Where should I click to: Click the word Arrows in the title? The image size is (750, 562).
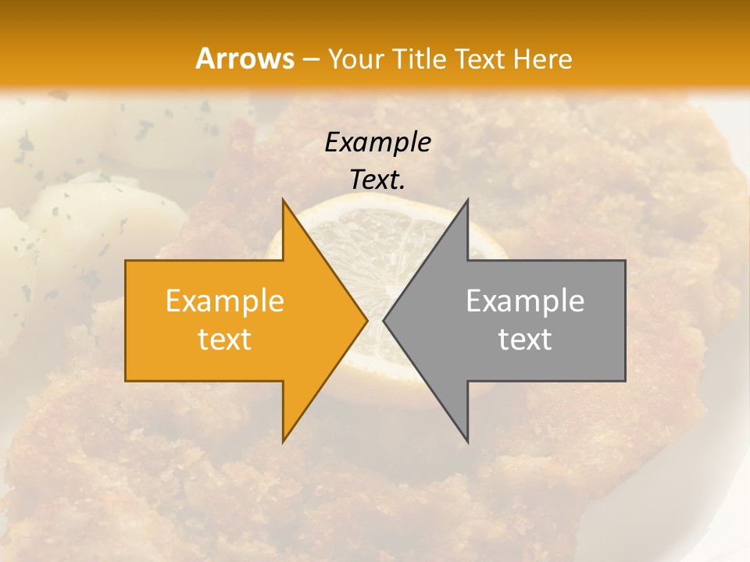click(245, 59)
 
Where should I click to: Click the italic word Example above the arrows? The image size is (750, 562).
click(378, 142)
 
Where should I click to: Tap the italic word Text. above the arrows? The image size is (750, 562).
click(378, 180)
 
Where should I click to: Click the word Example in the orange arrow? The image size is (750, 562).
click(225, 301)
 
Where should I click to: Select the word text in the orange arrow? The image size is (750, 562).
click(225, 340)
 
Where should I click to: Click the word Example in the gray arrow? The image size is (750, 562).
click(525, 301)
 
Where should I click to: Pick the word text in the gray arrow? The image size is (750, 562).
click(525, 340)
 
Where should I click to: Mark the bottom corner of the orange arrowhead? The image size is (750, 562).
click(284, 439)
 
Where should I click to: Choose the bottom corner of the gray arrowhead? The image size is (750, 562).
click(466, 439)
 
